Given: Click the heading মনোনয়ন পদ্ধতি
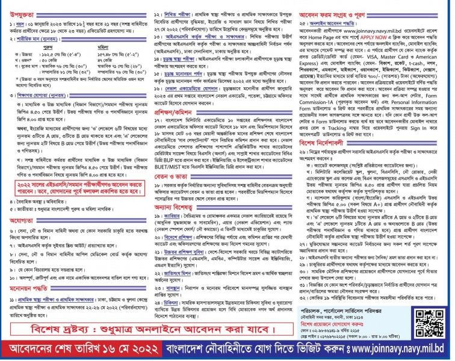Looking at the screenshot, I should [27, 288].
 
